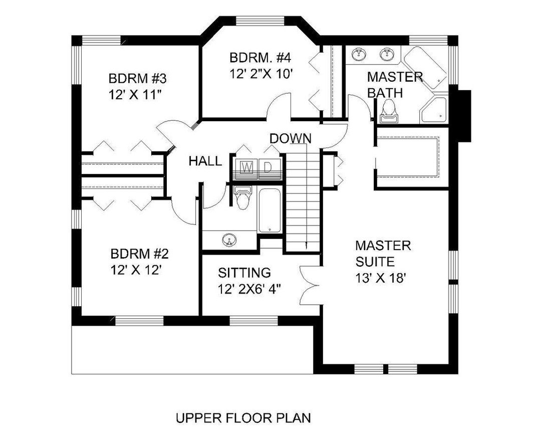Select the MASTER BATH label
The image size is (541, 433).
coord(395,85)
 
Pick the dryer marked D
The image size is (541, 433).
coord(268,167)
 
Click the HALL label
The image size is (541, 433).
coord(205,161)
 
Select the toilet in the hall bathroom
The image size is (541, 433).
coord(243,197)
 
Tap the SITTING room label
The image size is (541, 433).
coord(244,273)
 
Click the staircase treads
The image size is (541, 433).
coord(303,200)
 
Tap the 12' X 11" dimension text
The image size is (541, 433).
coord(134,96)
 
